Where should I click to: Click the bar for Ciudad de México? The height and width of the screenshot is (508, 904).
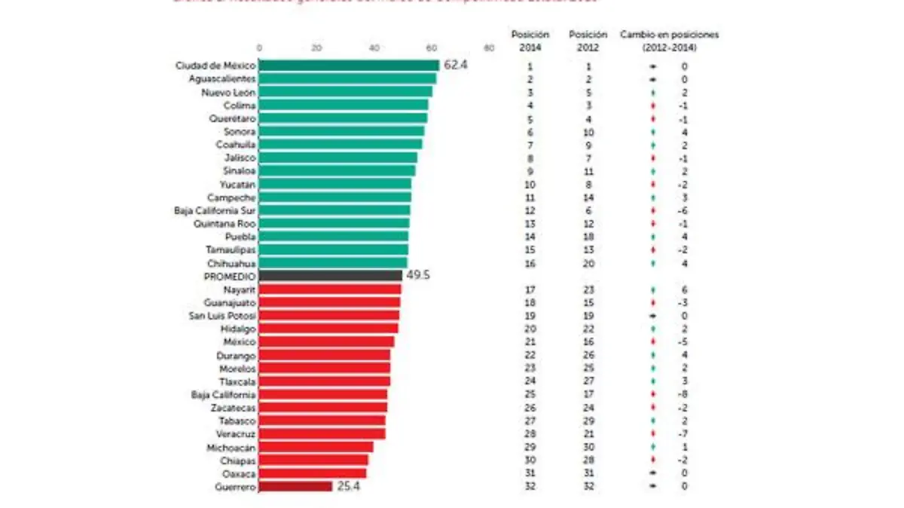[x=349, y=66]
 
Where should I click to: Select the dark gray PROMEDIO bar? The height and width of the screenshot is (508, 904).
[x=331, y=276]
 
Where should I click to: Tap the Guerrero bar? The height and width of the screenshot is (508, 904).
[x=295, y=487]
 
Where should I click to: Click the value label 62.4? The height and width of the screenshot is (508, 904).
[x=456, y=66]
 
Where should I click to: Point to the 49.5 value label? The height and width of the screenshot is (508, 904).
[x=417, y=276]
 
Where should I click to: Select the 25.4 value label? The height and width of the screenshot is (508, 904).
[x=347, y=487]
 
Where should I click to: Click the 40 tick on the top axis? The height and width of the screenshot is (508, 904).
[x=374, y=49]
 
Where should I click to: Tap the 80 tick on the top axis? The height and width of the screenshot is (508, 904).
[x=490, y=49]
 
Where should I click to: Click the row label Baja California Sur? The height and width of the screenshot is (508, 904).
[x=215, y=210]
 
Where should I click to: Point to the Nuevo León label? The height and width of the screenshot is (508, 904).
[x=228, y=92]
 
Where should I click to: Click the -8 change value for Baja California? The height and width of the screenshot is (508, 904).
[x=683, y=395]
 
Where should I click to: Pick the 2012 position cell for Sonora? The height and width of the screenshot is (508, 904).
[x=588, y=131]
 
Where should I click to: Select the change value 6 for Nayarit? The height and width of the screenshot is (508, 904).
[x=684, y=289]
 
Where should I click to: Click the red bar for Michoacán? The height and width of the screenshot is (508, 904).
[x=316, y=447]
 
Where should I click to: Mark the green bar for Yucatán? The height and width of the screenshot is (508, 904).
[x=335, y=184]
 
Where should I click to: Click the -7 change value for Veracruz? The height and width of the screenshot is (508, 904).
[x=683, y=434]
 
